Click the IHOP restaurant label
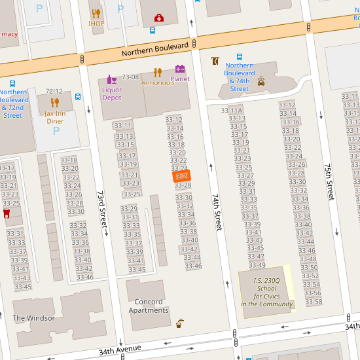(96, 24)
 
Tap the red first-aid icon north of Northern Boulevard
(158, 18)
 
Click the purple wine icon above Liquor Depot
(112, 79)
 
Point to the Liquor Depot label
(112, 94)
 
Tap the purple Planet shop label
(179, 79)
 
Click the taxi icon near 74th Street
(261, 82)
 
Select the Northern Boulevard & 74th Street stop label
(240, 77)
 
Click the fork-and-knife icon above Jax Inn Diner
(55, 102)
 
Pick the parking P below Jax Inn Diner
(56, 130)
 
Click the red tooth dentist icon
(7, 213)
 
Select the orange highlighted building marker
(181, 176)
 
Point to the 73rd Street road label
(102, 209)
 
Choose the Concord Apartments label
(149, 306)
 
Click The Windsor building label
(33, 318)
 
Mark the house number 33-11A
(232, 111)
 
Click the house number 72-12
(54, 91)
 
